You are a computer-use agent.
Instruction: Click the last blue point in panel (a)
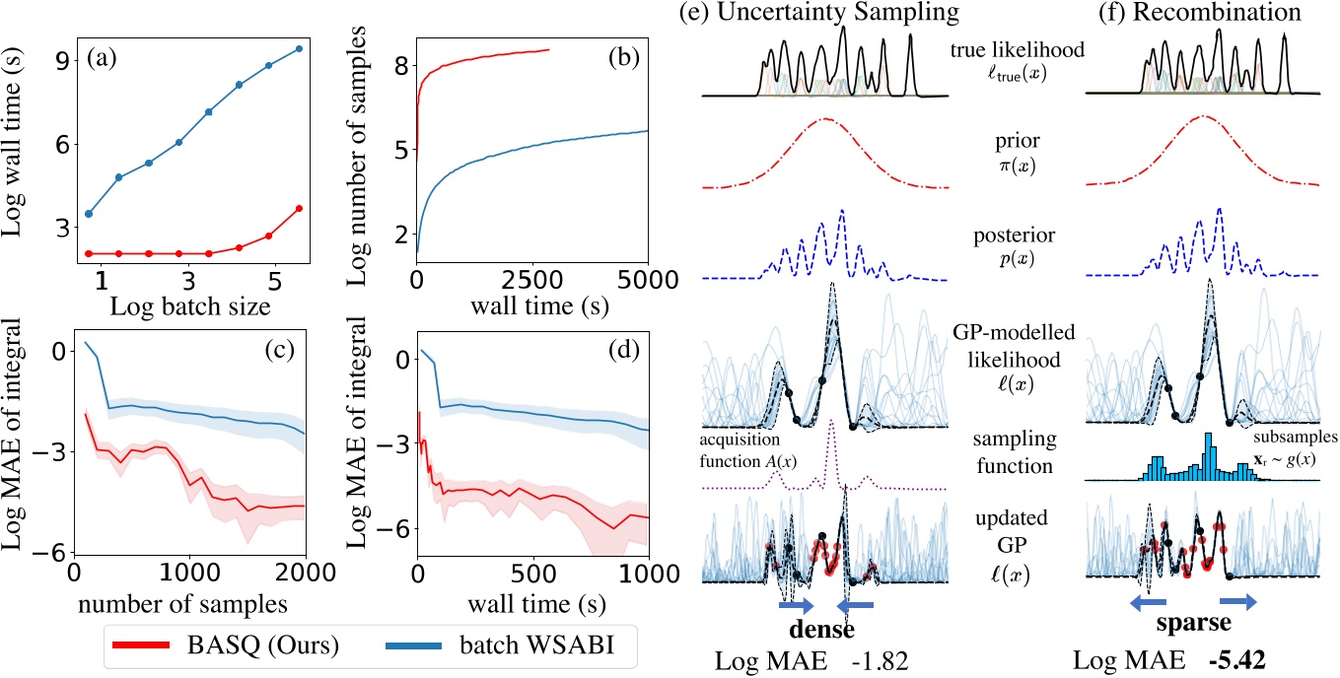pyautogui.click(x=299, y=48)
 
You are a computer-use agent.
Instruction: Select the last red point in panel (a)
pyautogui.click(x=299, y=208)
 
